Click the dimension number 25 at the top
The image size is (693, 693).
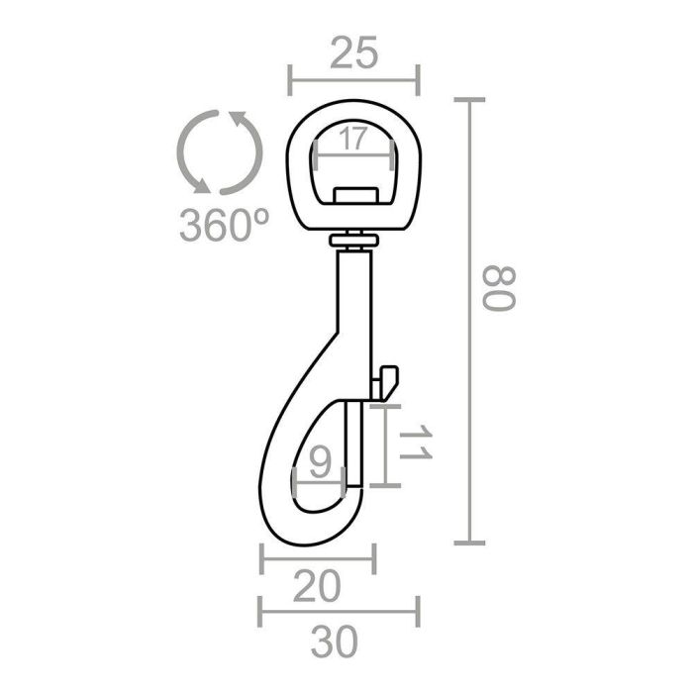click(x=353, y=54)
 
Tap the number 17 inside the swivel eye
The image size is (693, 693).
click(x=353, y=140)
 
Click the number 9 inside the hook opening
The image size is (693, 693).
click(x=320, y=462)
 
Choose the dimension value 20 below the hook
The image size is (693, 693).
click(x=318, y=588)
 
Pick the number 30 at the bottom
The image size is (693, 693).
click(x=336, y=643)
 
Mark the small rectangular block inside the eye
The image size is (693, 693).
click(x=353, y=192)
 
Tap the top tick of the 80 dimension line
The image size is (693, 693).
click(x=469, y=100)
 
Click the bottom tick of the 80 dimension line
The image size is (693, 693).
click(x=469, y=543)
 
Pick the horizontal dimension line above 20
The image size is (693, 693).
click(x=318, y=558)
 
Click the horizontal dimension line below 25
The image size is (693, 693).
click(x=353, y=79)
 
